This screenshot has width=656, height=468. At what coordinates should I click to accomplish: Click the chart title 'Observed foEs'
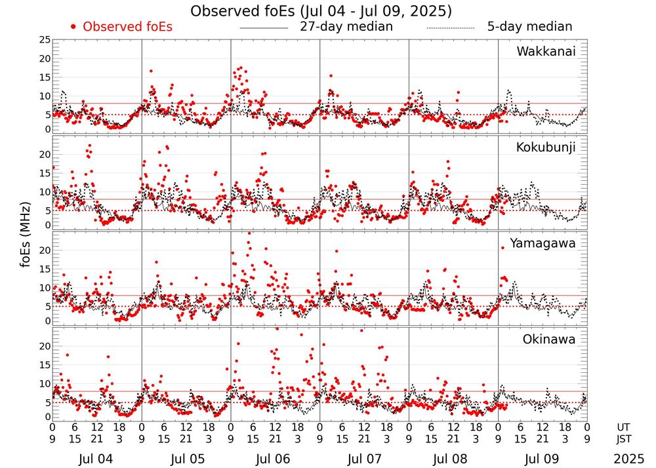click(x=321, y=11)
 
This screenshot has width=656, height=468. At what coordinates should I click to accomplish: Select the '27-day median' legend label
click(x=346, y=27)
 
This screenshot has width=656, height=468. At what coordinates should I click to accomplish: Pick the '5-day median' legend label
click(x=529, y=27)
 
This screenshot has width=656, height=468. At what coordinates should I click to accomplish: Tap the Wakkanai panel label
click(x=546, y=52)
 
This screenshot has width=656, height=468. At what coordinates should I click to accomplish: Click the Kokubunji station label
click(x=544, y=147)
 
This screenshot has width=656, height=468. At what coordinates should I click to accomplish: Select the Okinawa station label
click(x=549, y=340)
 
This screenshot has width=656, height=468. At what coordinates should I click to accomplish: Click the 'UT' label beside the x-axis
click(x=625, y=427)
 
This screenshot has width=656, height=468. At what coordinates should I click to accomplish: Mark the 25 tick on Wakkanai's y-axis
click(x=45, y=40)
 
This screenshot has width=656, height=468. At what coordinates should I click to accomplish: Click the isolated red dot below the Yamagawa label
click(x=502, y=248)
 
